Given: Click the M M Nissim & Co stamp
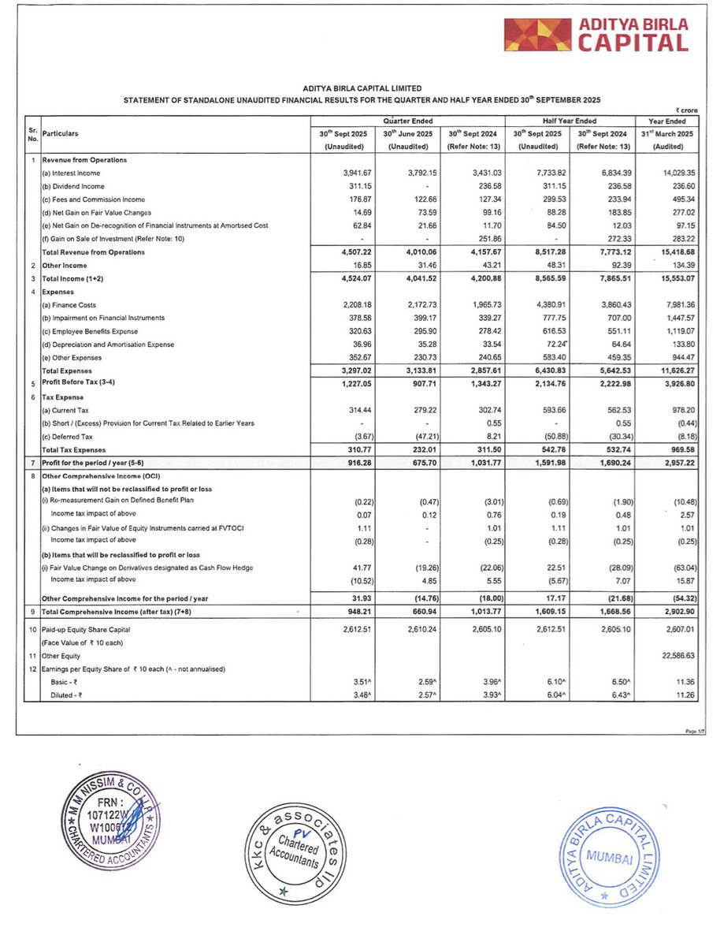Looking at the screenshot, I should coord(110,827).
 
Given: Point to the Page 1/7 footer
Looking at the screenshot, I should coord(693,731).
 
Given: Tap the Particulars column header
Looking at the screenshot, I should coord(61,134).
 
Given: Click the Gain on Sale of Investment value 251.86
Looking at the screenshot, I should coord(471,239).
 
